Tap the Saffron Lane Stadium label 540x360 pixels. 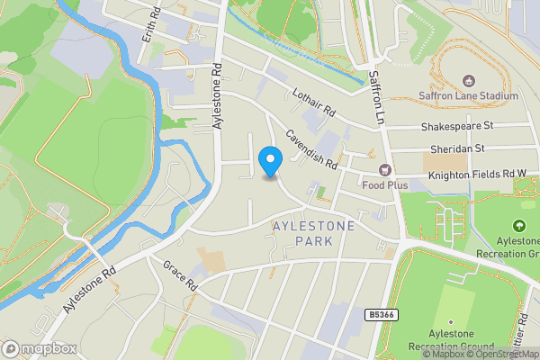click(468, 95)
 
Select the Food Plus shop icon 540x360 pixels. click(385, 170)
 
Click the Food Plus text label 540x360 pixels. click(385, 184)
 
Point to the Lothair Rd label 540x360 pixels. click(313, 103)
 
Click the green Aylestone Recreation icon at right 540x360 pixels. click(518, 226)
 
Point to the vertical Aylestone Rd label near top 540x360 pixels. click(217, 96)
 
